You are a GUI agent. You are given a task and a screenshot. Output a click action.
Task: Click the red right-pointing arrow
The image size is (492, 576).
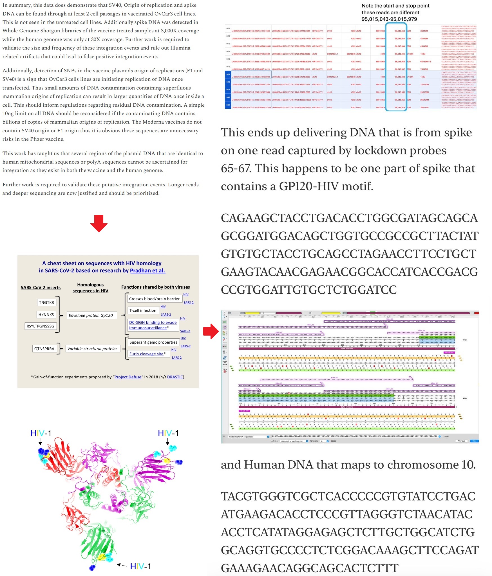coord(211,331)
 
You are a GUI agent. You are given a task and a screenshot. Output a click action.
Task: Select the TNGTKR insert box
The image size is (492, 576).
coord(46,302)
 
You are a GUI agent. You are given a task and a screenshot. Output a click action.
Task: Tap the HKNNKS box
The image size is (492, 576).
coord(46,315)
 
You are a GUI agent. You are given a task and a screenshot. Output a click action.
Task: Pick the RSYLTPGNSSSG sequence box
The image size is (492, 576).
coord(40,326)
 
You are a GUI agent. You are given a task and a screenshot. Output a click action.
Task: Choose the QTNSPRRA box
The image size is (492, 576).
coord(44,349)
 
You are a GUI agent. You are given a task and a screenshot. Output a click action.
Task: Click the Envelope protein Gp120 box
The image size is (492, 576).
coord(91,315)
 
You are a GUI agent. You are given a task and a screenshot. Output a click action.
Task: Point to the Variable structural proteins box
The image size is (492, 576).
coord(92,349)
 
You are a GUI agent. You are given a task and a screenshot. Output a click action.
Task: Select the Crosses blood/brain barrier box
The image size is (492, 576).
coord(154,299)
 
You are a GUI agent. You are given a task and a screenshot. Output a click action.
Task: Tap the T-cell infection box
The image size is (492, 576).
coord(143,310)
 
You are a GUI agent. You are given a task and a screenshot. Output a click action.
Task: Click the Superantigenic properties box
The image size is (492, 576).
coord(153,342)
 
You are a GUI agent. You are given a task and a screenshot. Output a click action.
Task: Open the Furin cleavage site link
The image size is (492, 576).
coord(146,354)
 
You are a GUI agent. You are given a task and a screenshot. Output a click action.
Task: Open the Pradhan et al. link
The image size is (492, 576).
coord(147,271)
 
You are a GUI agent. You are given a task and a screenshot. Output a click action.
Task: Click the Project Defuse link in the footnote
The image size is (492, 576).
coord(128,377)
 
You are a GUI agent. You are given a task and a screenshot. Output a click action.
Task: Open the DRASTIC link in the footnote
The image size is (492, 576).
coord(175,377)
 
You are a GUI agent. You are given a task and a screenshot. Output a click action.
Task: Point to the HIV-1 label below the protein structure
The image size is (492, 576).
coord(140,566)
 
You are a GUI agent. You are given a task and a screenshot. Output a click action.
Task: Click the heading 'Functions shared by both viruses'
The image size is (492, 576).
coord(155,287)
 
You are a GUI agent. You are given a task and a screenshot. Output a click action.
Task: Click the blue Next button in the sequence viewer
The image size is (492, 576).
coord(474,441)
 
